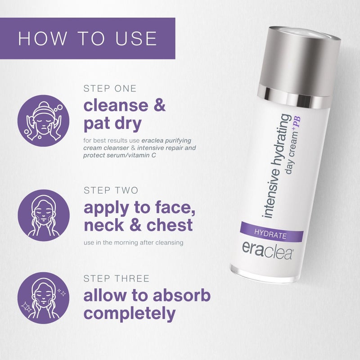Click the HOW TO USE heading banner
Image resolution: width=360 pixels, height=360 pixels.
[x=87, y=38]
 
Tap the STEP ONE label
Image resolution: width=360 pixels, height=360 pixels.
[x=110, y=88]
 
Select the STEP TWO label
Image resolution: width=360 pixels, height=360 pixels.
[x=111, y=190]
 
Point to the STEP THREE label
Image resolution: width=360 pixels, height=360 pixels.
[x=116, y=279]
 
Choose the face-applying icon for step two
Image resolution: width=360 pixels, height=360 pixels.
[x=43, y=215]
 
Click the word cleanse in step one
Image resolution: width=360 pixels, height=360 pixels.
[x=116, y=105]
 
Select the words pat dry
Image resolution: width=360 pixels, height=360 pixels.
[x=112, y=123]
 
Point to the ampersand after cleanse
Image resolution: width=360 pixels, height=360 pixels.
[x=160, y=105]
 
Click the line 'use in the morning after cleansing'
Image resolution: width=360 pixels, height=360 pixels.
[x=133, y=243]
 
